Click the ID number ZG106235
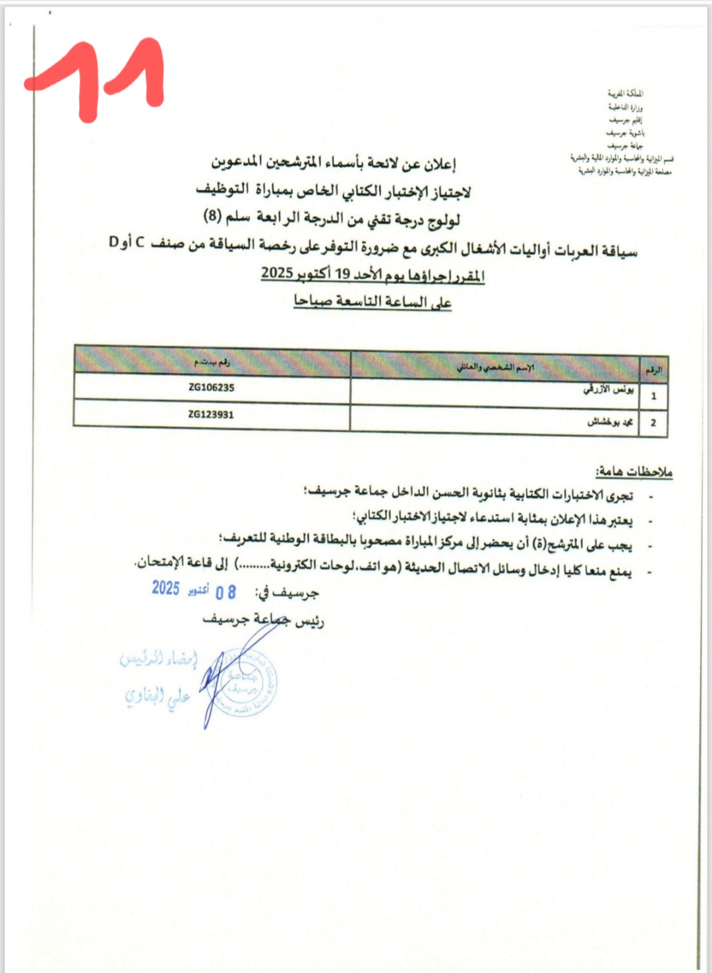click(211, 387)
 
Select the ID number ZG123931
click(211, 414)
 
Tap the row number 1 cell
click(653, 396)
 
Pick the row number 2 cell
click(653, 423)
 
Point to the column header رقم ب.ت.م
click(212, 362)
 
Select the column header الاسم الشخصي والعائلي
click(495, 367)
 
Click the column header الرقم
click(653, 370)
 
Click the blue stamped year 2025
click(165, 588)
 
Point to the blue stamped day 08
click(225, 592)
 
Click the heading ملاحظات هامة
click(634, 472)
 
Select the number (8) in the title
click(212, 215)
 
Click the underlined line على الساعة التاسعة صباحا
click(372, 301)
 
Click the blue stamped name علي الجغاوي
click(158, 696)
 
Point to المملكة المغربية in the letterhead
click(626, 94)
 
